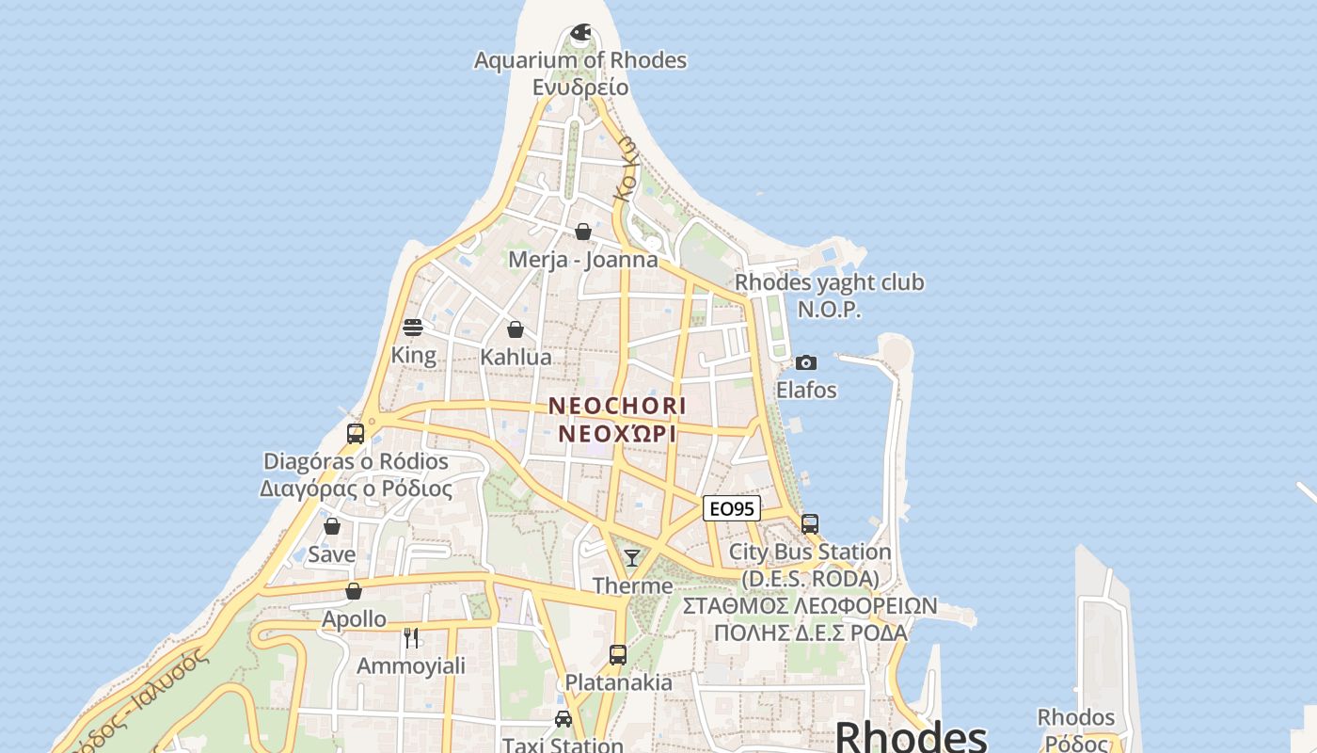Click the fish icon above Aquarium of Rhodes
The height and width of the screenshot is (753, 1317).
581,32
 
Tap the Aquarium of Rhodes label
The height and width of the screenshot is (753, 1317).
580,60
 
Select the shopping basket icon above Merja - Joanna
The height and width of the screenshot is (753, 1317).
583,232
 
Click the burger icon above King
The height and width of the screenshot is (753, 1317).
413,328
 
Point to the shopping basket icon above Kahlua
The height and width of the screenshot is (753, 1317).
516,329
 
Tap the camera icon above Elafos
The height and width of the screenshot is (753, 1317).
806,362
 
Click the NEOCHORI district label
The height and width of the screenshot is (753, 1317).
617,406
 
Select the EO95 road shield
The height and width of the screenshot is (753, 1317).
732,509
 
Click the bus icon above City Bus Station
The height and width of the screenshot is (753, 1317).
810,523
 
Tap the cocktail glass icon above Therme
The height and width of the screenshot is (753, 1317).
632,557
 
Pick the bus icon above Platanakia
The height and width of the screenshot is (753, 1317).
618,654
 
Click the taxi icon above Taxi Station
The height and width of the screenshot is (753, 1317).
563,719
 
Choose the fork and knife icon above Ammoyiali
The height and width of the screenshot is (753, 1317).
411,638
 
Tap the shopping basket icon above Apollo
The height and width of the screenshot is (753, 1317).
354,591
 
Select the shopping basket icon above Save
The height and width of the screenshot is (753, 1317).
332,526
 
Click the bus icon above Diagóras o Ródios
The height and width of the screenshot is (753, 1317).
356,434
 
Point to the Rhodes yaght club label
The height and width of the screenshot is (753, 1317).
829,282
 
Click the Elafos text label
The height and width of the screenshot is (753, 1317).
806,390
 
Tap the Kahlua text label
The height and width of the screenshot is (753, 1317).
516,358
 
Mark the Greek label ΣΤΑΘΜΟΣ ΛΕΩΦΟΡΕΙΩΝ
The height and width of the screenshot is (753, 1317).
810,605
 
